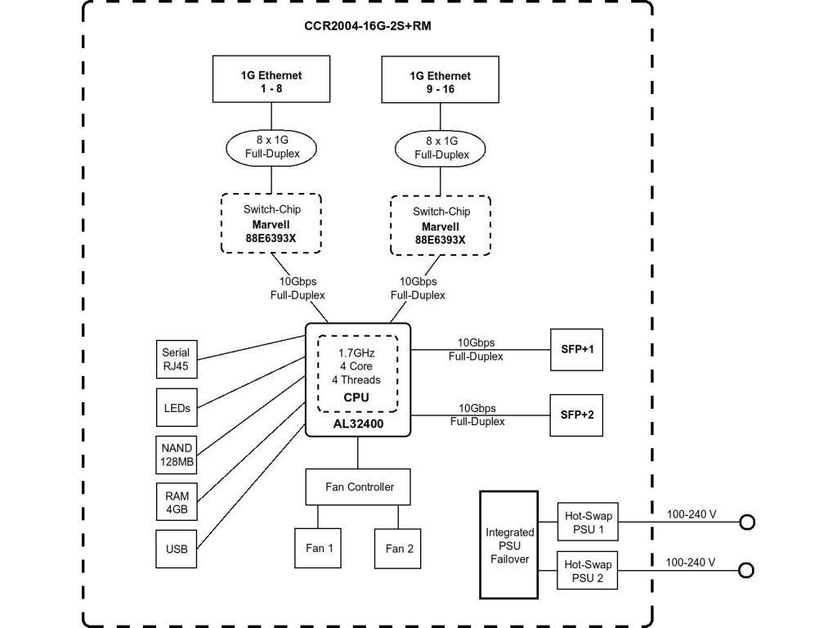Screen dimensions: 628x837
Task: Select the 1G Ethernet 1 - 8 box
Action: tap(271, 80)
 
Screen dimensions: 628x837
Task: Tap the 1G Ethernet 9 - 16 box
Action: tap(440, 81)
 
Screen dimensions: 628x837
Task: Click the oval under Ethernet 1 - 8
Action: tap(271, 146)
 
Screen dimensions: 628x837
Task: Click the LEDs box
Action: tap(176, 407)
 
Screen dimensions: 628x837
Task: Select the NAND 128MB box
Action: tap(176, 455)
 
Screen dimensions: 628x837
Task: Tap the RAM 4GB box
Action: tap(176, 502)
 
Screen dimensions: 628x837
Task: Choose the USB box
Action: tap(176, 549)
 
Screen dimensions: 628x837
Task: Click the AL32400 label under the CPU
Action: tap(357, 425)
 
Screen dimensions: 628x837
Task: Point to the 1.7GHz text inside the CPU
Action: tap(357, 352)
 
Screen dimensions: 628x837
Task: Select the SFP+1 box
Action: tap(577, 348)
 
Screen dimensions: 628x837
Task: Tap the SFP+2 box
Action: tap(577, 414)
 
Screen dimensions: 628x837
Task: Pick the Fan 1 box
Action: tap(319, 548)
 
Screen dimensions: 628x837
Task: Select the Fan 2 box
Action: tap(399, 548)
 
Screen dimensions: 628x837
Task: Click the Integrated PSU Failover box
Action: tap(509, 545)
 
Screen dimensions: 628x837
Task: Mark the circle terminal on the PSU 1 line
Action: tap(746, 523)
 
